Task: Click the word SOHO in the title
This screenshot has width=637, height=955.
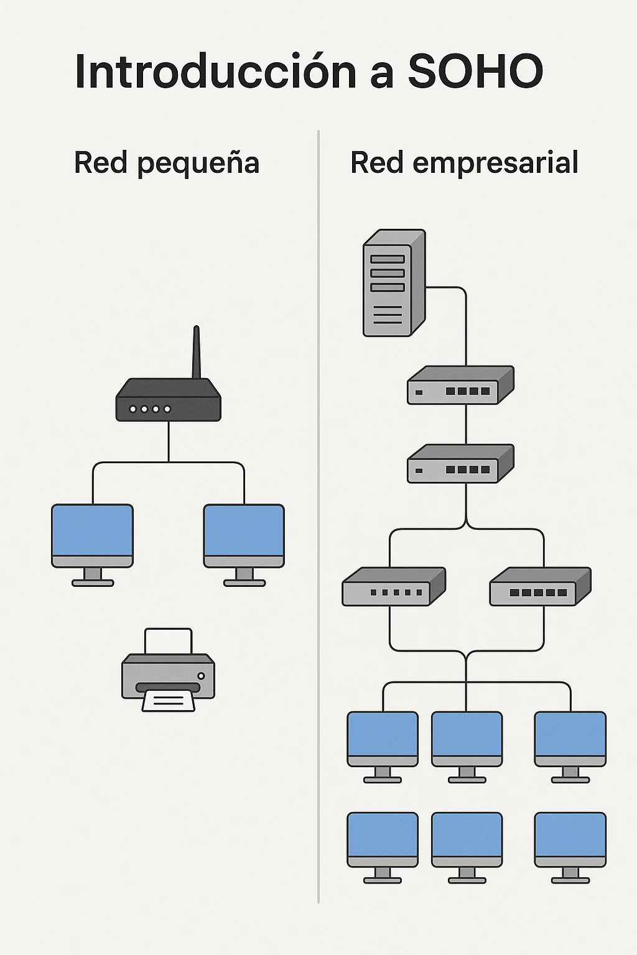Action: (x=475, y=72)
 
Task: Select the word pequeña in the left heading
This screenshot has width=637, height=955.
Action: (x=198, y=164)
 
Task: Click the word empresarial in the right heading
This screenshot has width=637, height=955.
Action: (x=495, y=163)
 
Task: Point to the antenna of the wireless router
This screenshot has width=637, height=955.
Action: (x=197, y=351)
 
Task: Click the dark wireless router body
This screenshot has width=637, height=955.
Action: (x=169, y=401)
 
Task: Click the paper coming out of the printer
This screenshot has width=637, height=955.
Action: (x=168, y=701)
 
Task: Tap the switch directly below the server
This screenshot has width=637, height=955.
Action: (x=460, y=385)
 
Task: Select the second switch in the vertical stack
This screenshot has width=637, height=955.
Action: (x=460, y=464)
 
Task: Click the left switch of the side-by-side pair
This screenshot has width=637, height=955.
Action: (x=393, y=586)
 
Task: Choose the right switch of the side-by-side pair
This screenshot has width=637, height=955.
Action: (x=540, y=586)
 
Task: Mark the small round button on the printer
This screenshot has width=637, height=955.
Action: (x=200, y=676)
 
